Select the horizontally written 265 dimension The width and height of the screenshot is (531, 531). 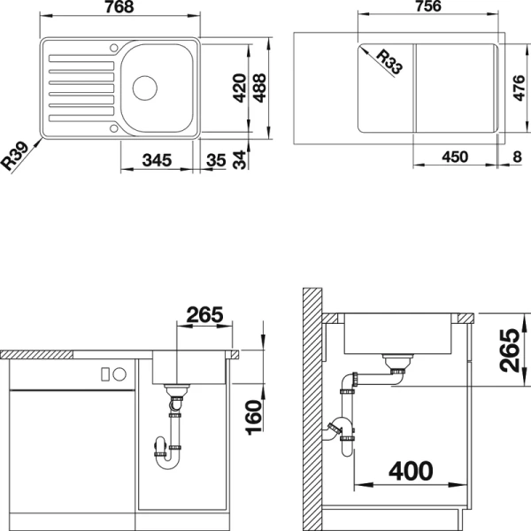[204, 315]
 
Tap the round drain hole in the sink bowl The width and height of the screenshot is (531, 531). [144, 87]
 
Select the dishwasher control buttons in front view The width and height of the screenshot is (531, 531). [112, 373]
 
